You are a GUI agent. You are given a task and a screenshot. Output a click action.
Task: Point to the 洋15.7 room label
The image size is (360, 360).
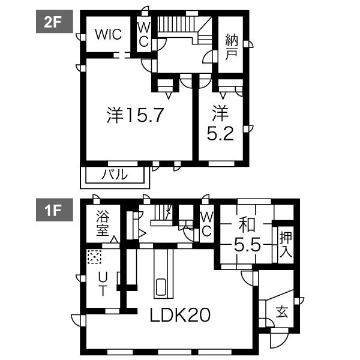coord(136,115)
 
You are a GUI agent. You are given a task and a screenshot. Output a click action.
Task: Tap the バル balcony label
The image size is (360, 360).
coord(114,175)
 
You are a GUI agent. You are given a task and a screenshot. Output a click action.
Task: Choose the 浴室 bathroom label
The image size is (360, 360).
coord(102,223)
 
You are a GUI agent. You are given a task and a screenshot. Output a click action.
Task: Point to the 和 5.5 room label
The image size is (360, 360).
coord(245,235)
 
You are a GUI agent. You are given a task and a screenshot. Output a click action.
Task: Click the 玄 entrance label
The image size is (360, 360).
coord(281,311)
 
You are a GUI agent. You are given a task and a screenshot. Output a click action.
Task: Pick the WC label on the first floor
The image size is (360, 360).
coord(206,223)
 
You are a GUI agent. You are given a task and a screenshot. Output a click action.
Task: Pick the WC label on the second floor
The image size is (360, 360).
coord(143,35)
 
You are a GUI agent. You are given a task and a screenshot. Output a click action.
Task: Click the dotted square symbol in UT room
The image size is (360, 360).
coord(94,256)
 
